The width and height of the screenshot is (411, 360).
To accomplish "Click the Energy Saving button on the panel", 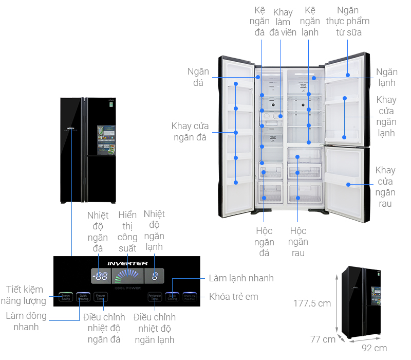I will (x=65, y=297).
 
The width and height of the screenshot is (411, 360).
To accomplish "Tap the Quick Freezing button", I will (x=83, y=297).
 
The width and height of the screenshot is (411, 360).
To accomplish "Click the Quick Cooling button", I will (x=172, y=297).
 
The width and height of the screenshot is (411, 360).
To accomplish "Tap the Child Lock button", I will (x=190, y=297).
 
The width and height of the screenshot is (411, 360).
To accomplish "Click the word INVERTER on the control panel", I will (x=127, y=263).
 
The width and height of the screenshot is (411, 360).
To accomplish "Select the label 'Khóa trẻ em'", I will (x=234, y=297).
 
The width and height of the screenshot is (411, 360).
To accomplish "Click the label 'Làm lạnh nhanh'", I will (x=241, y=278).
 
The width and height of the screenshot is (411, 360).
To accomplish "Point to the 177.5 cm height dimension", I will (x=312, y=303).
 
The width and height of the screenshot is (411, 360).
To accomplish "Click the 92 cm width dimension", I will (x=374, y=348).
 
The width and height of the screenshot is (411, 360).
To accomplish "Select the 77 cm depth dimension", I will (x=323, y=339).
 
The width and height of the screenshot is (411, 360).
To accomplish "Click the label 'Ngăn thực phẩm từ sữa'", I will (x=348, y=21).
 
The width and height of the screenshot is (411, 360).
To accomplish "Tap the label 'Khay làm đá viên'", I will (x=283, y=22).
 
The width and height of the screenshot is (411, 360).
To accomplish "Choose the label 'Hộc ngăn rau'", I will (x=298, y=242).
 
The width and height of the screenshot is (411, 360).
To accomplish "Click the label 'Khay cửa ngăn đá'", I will (x=189, y=132).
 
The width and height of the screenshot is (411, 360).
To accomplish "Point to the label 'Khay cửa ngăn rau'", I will (x=385, y=187).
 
